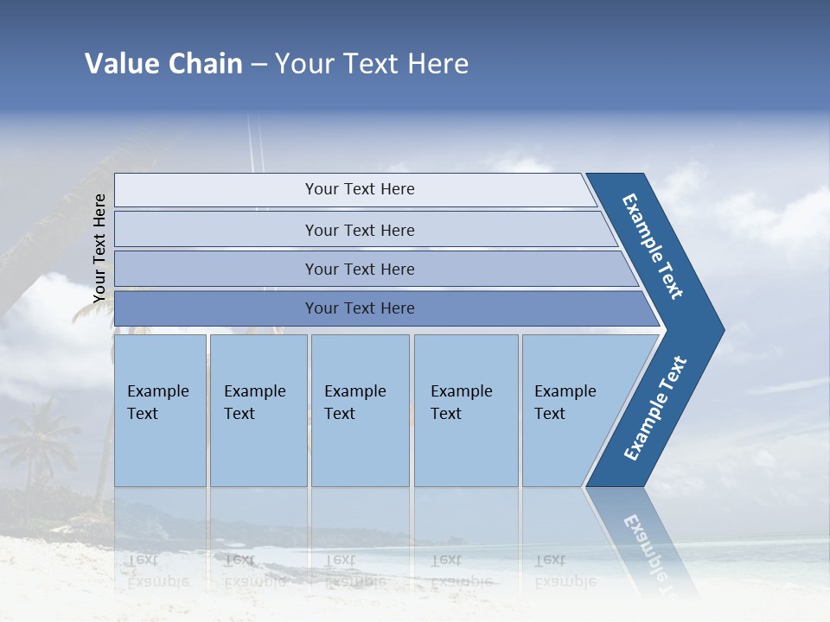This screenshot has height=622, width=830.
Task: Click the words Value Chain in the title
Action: [x=163, y=64]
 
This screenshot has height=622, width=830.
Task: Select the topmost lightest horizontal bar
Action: [x=216, y=189]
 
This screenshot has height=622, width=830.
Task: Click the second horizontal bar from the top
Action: [x=216, y=230]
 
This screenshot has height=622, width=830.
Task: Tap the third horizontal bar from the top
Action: [x=216, y=269]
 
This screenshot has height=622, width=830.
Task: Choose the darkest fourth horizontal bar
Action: [x=216, y=308]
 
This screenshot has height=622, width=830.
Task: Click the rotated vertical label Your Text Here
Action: [x=99, y=249]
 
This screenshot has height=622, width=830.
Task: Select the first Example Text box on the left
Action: [x=160, y=410]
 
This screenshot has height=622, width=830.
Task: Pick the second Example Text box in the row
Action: [x=258, y=410]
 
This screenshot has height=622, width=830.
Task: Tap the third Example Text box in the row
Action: [x=359, y=410]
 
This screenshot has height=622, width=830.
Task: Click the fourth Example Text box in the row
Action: [x=465, y=410]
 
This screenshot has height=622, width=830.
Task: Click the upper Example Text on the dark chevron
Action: [x=653, y=246]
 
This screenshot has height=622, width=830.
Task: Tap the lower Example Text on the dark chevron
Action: [x=654, y=409]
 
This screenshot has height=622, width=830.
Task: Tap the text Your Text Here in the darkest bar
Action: [x=360, y=308]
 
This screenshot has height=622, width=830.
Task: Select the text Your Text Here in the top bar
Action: [x=360, y=189]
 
